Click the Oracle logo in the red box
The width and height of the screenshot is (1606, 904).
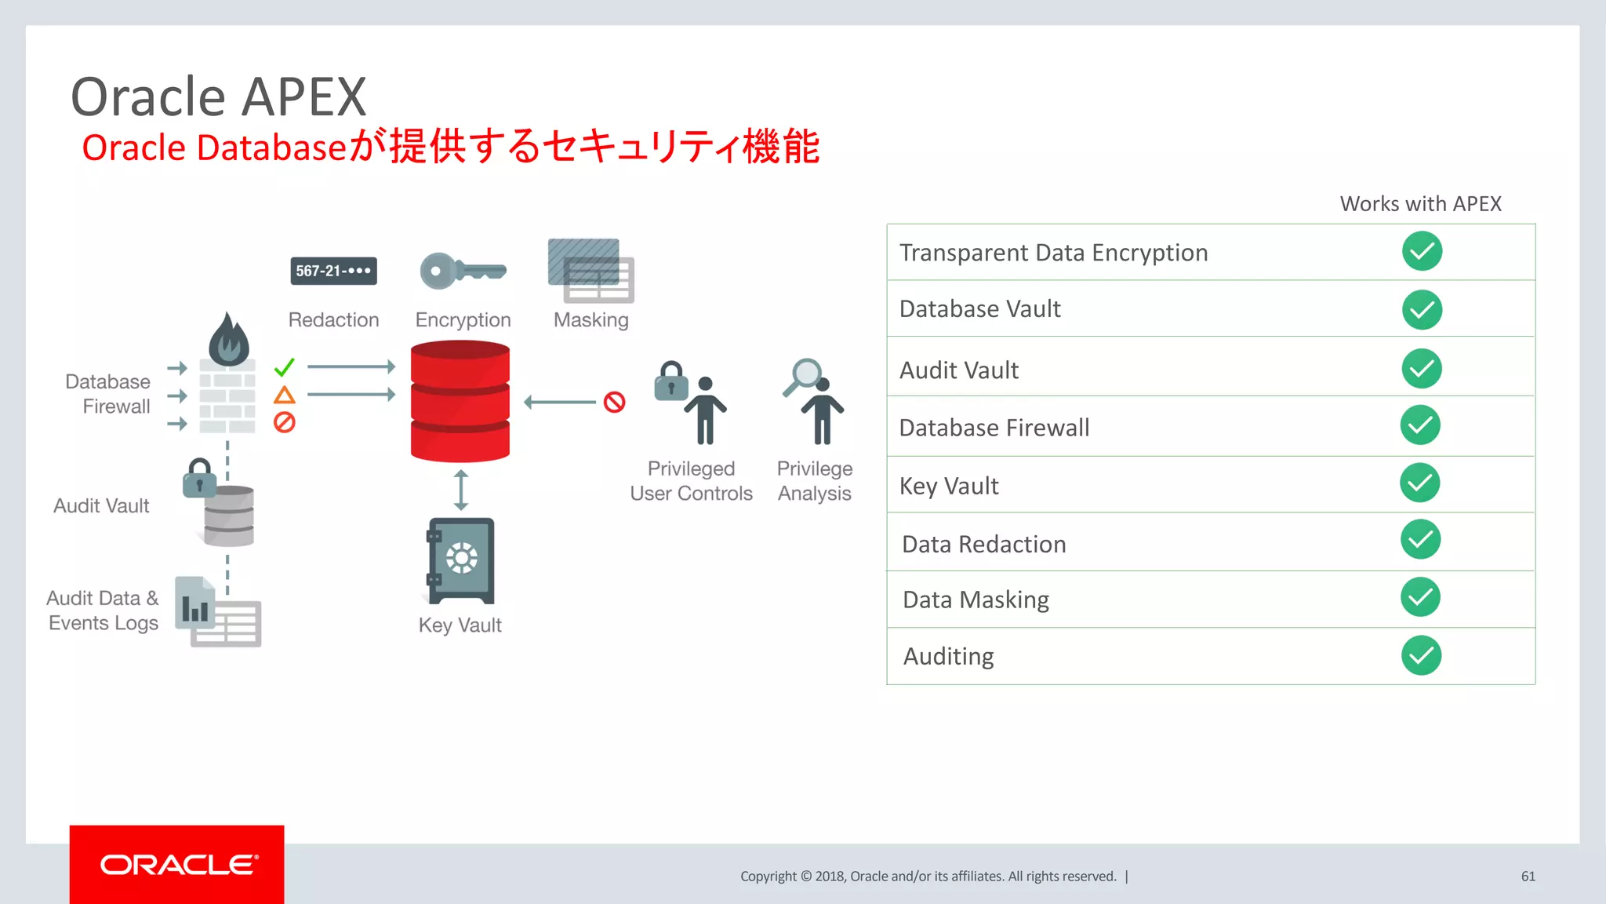click(178, 865)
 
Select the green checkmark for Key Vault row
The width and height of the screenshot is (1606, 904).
click(1419, 483)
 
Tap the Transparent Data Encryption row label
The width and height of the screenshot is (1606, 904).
click(1053, 253)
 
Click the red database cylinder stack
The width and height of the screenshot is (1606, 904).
click(460, 401)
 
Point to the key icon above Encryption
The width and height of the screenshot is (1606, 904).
click(462, 272)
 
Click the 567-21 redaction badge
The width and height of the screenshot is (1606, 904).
click(333, 271)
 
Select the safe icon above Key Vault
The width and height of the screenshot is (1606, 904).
click(461, 560)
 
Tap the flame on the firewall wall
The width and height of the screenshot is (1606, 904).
click(228, 339)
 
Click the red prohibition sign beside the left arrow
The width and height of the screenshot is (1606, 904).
click(614, 403)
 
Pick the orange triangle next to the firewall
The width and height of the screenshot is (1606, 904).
click(284, 395)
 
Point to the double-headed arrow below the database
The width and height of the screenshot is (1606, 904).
click(461, 490)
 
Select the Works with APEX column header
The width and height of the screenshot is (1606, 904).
click(1420, 204)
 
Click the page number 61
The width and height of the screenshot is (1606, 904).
click(1528, 877)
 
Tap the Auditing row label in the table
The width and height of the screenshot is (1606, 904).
click(948, 656)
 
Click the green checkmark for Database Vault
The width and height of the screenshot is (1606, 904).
click(1422, 310)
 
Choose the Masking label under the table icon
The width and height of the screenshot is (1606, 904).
click(590, 320)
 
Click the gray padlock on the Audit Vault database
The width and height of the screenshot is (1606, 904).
click(199, 478)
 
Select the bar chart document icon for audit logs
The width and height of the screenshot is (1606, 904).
click(195, 603)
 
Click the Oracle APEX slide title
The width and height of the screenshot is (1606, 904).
click(219, 97)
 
